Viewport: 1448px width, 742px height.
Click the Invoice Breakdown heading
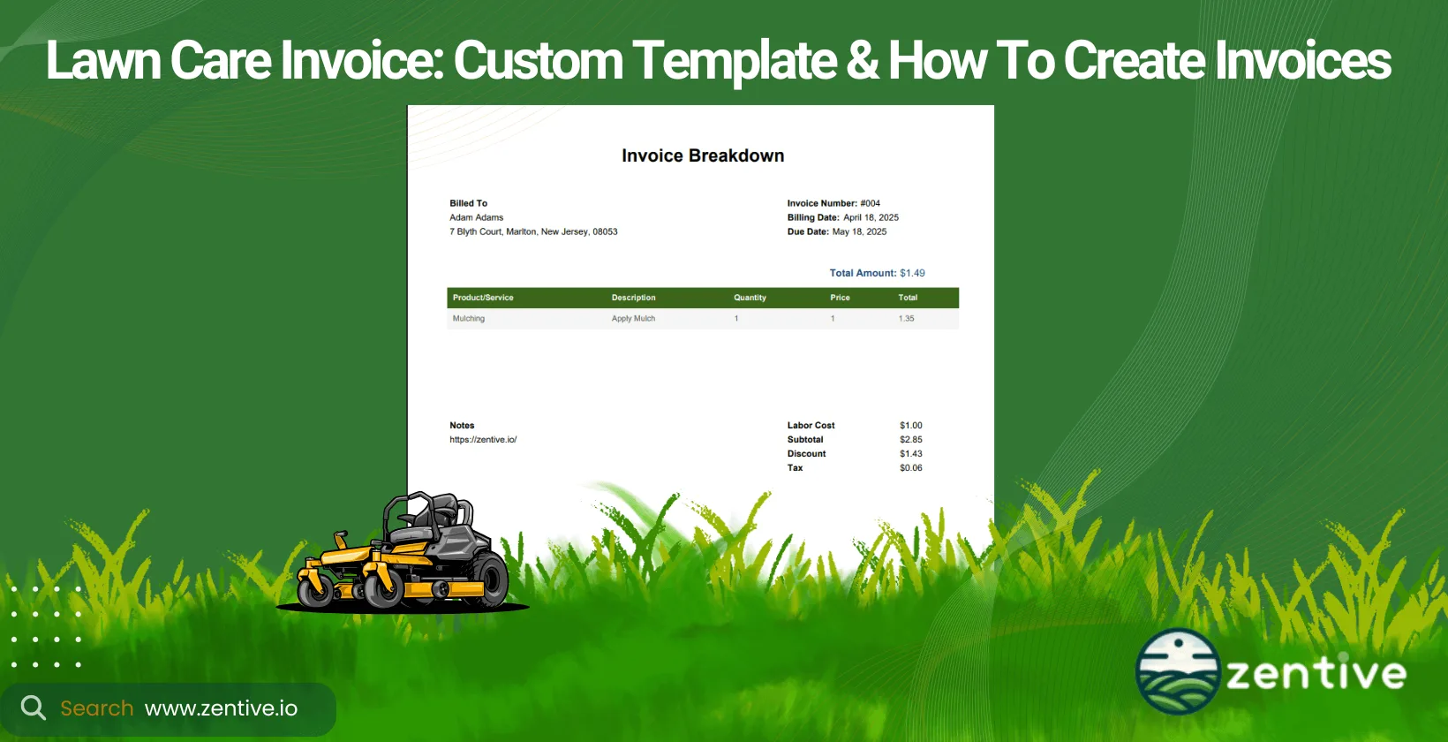[x=703, y=155]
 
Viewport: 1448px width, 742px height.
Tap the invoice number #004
[x=870, y=203]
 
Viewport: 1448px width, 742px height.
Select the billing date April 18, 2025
[x=871, y=217]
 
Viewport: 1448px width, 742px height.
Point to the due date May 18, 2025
[x=859, y=231]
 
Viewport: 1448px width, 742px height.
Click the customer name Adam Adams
[x=476, y=217]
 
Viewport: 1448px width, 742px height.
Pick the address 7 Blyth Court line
[x=533, y=231]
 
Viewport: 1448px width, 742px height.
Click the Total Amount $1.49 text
[x=877, y=273]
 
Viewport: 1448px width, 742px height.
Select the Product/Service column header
[x=483, y=298]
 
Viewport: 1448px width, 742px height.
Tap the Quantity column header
[x=750, y=298]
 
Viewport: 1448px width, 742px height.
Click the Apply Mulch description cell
[x=633, y=319]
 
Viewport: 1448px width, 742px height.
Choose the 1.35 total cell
[x=906, y=319]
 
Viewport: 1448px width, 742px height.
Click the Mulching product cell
[x=469, y=319]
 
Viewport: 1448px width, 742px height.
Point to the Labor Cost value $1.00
[x=910, y=426]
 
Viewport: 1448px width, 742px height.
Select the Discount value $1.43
[x=910, y=454]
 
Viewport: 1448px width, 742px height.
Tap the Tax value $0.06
[x=910, y=468]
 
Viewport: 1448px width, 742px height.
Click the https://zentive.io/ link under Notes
[x=483, y=440]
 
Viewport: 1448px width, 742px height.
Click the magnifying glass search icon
[x=34, y=708]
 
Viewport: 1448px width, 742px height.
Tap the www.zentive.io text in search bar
[x=221, y=708]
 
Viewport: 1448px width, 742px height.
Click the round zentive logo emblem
[x=1177, y=671]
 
